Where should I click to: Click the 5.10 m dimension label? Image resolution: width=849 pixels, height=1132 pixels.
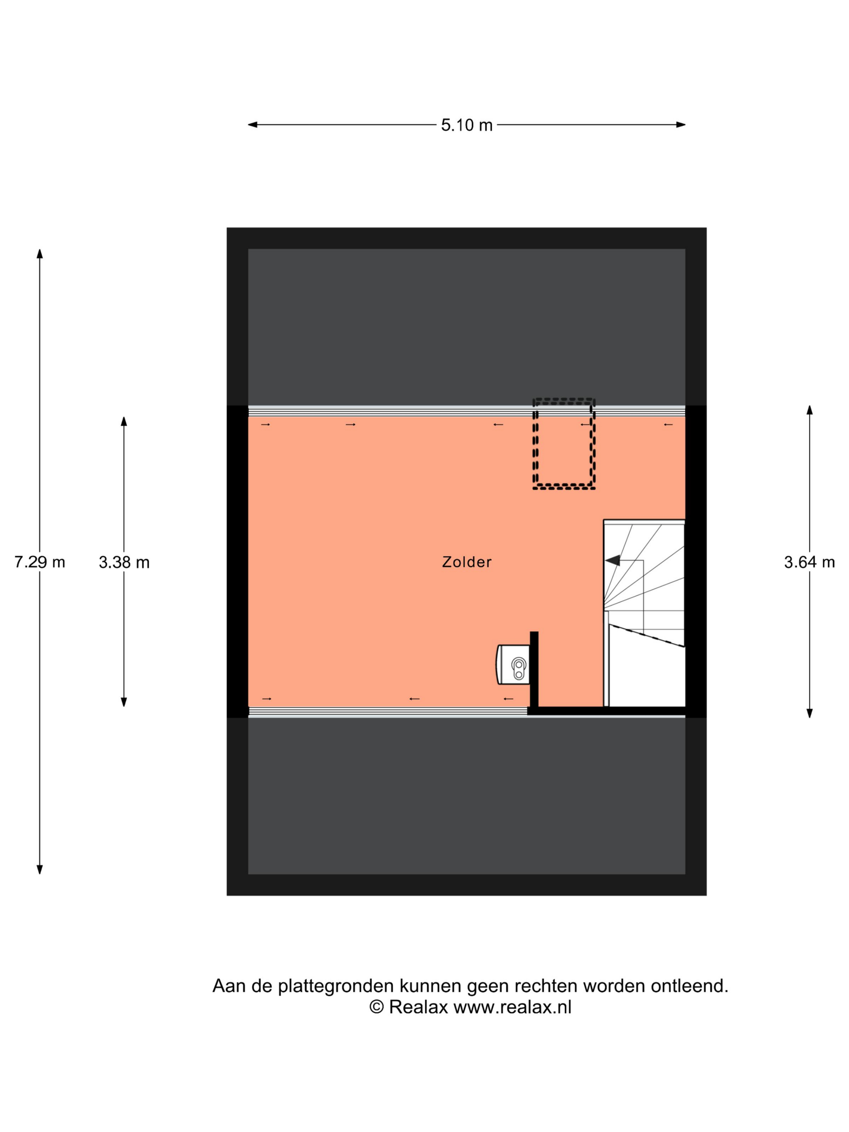click(x=466, y=125)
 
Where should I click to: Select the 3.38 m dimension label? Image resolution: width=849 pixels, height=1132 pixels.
click(x=124, y=562)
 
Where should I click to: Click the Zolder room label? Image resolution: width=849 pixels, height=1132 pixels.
click(x=466, y=562)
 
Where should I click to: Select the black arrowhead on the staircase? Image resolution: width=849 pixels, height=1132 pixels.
click(x=612, y=560)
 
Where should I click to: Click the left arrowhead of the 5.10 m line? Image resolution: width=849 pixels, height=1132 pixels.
click(x=253, y=125)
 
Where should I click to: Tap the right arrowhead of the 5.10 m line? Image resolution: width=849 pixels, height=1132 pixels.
click(x=681, y=125)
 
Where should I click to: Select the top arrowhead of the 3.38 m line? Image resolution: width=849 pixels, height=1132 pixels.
click(x=123, y=421)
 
